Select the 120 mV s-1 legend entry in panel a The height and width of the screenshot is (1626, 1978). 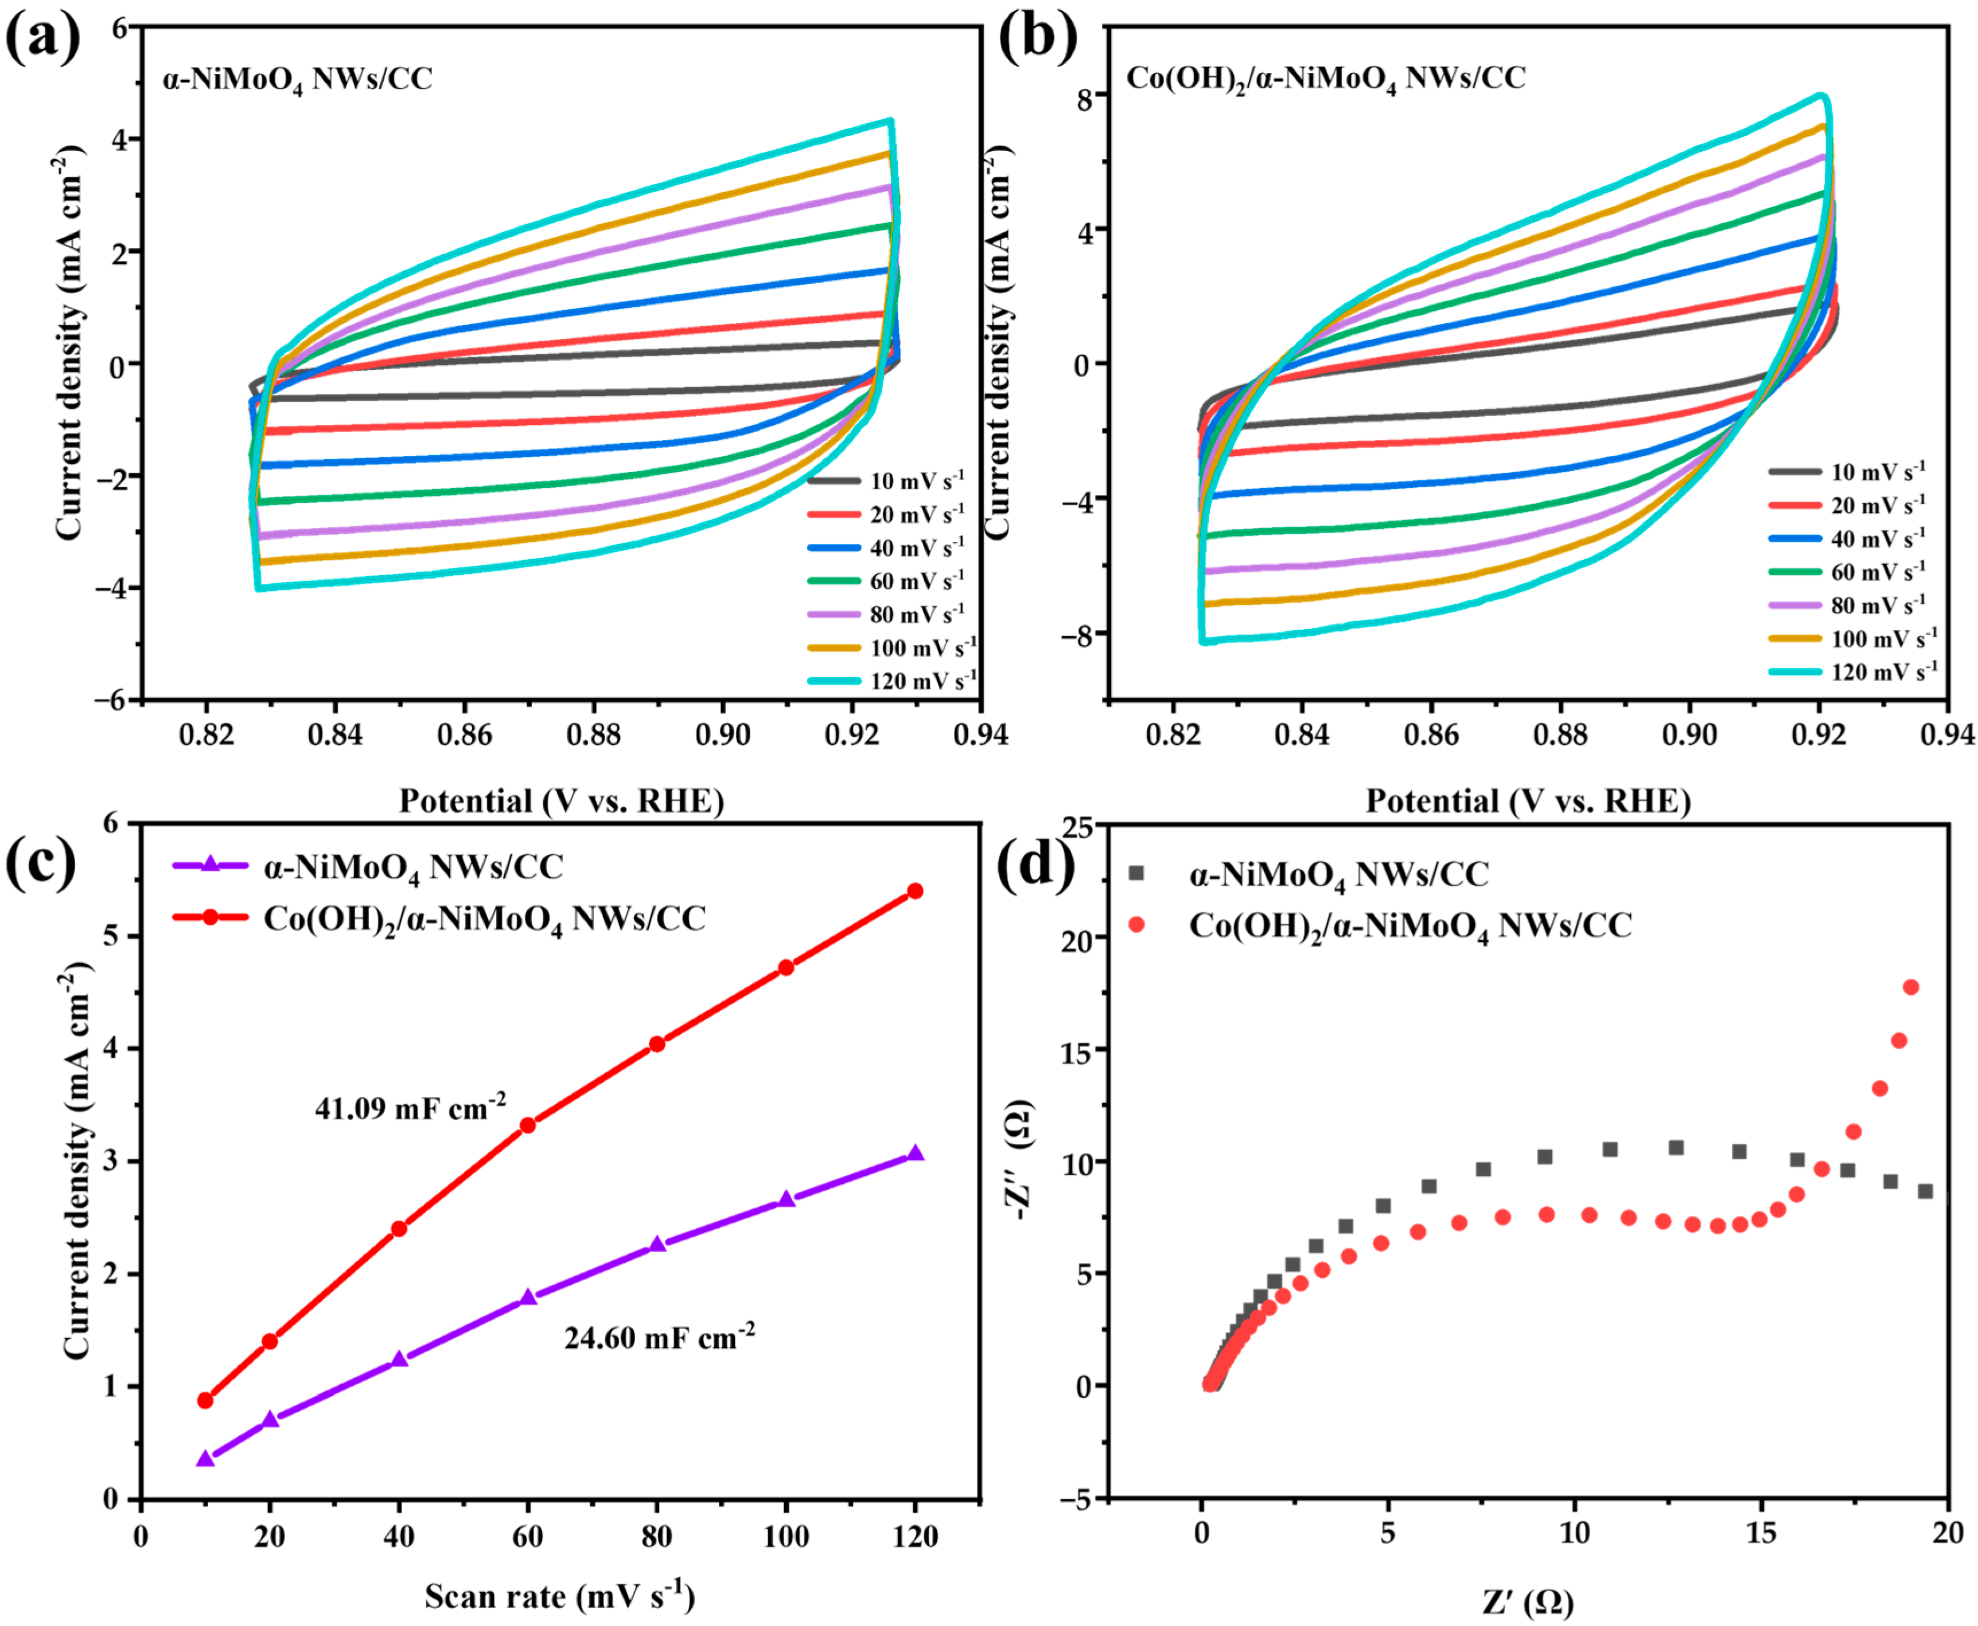pyautogui.click(x=923, y=681)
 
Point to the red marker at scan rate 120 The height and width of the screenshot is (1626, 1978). pyautogui.click(x=914, y=891)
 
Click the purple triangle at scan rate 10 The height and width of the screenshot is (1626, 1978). pyautogui.click(x=206, y=1459)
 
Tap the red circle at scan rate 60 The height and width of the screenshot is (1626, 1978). pyautogui.click(x=528, y=1125)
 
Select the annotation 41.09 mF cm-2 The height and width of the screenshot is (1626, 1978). pyautogui.click(x=410, y=1108)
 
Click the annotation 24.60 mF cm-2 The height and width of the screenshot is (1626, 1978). pyautogui.click(x=659, y=1338)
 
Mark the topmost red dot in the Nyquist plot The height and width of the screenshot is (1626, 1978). pyautogui.click(x=1910, y=987)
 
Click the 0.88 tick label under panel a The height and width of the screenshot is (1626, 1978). pyautogui.click(x=593, y=735)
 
